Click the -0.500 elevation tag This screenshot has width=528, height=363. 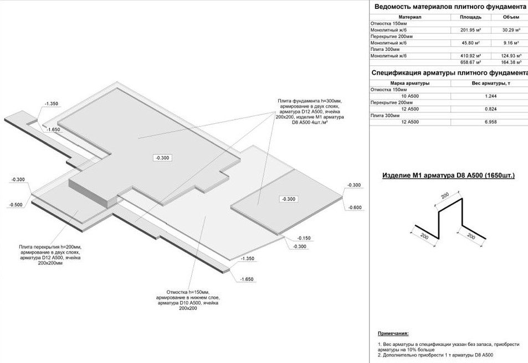16,205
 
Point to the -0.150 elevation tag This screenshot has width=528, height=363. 303,238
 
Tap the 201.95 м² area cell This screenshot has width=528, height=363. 470,30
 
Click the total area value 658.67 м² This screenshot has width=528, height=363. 470,62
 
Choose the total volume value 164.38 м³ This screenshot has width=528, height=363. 509,62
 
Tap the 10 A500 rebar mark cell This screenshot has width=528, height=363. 409,96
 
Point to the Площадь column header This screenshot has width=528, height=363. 470,17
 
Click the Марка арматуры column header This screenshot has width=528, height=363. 409,83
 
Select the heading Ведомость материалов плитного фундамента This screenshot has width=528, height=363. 450,7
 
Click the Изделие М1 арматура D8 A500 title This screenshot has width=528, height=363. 449,175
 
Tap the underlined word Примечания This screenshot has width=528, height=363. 393,334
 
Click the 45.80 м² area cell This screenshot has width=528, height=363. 470,43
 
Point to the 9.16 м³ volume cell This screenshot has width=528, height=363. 509,43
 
